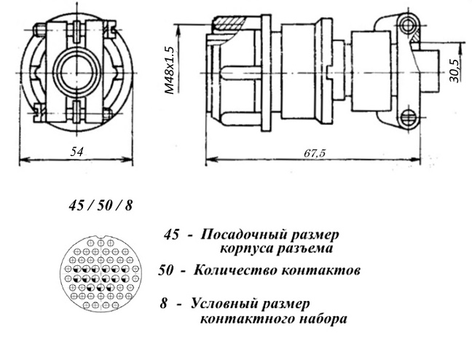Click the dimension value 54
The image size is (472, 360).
click(x=76, y=152)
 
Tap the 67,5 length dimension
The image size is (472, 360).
click(x=315, y=153)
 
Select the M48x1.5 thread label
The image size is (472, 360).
click(x=170, y=70)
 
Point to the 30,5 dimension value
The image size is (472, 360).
click(x=455, y=71)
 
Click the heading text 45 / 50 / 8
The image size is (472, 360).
click(x=101, y=206)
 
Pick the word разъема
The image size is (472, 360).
click(x=304, y=249)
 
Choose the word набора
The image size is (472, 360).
click(x=322, y=318)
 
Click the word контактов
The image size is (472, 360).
click(x=320, y=270)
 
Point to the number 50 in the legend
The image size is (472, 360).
click(x=166, y=270)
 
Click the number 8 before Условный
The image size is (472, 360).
click(x=163, y=303)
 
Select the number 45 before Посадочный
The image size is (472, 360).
click(x=171, y=235)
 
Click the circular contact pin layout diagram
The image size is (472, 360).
click(x=101, y=273)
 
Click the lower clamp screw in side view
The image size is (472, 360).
click(x=409, y=117)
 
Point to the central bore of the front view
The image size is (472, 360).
click(x=76, y=72)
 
